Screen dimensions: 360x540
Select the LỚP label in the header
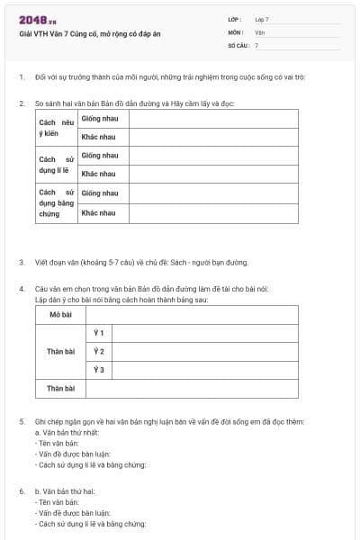coord(235,19)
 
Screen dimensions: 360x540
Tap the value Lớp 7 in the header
coord(262,19)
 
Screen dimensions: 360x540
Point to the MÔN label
coord(236,31)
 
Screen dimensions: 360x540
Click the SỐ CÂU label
coord(238,44)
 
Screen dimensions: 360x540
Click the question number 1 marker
coord(22,76)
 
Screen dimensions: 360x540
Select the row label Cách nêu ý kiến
coord(54,127)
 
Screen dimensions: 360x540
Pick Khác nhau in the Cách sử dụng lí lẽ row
coord(98,174)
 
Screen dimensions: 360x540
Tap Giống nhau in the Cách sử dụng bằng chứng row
coord(99,193)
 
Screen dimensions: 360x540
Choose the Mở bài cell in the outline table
coord(60,314)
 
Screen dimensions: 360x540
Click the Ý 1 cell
coord(99,333)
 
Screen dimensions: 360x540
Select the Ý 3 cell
coord(99,370)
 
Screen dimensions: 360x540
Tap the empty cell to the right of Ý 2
coord(205,351)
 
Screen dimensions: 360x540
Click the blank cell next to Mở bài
coord(192,314)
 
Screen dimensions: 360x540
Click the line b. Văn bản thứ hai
coord(65,491)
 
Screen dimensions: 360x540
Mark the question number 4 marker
coord(22,288)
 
